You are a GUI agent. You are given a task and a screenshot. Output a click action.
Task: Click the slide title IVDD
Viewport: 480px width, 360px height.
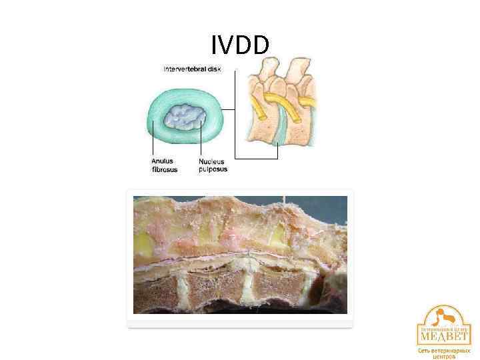(x=240, y=45)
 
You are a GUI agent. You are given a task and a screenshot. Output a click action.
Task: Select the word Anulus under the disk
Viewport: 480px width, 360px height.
(x=162, y=161)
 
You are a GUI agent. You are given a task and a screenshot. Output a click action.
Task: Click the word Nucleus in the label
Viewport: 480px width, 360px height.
(x=212, y=161)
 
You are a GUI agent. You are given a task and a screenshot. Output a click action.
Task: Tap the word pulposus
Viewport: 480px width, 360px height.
(x=213, y=169)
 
